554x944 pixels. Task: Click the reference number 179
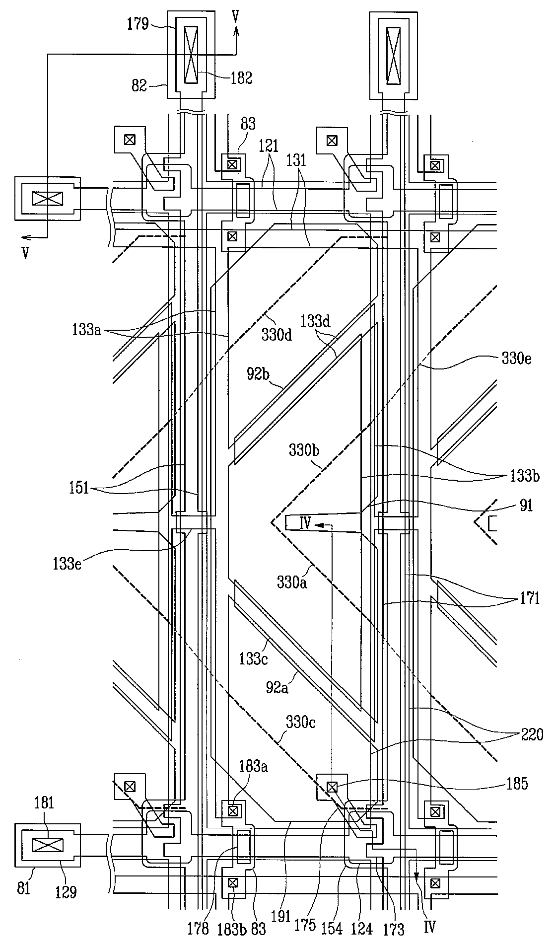pyautogui.click(x=138, y=24)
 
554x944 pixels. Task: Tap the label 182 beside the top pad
pyautogui.click(x=241, y=77)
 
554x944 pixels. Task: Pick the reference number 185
pyautogui.click(x=517, y=785)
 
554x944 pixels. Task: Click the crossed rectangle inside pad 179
pyautogui.click(x=190, y=54)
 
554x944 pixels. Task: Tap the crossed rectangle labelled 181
pyautogui.click(x=48, y=846)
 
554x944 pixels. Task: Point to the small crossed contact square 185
pyautogui.click(x=332, y=787)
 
